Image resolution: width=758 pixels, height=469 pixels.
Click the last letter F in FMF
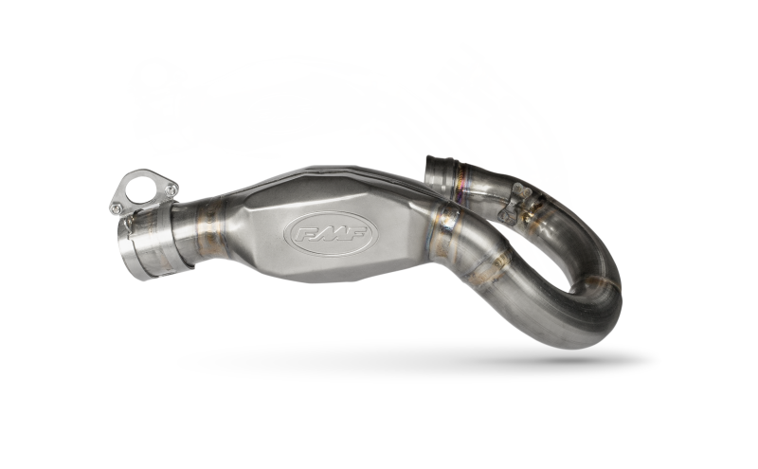click(x=355, y=232)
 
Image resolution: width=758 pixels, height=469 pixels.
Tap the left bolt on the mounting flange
click(x=116, y=207)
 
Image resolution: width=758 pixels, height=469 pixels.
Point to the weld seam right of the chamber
click(x=443, y=231)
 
